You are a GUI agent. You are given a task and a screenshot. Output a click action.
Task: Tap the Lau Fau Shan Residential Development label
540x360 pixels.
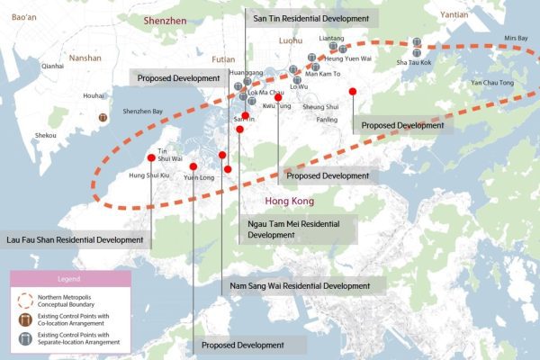coord(76,240)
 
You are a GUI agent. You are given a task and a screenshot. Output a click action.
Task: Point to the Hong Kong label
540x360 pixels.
coord(290,201)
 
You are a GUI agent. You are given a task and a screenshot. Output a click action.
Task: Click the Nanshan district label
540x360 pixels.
coord(85,56)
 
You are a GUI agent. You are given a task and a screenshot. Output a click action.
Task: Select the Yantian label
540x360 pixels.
coord(454,15)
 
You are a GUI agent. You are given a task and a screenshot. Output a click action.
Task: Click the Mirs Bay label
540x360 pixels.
coord(516,38)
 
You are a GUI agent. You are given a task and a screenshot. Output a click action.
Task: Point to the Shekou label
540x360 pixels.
coord(45,135)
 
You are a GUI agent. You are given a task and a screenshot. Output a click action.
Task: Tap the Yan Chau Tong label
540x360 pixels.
coord(491,83)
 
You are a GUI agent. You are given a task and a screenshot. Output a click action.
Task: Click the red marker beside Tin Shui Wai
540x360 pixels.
coord(164,157)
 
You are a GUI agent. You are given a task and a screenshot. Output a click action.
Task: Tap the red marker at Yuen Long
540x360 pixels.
coord(193,166)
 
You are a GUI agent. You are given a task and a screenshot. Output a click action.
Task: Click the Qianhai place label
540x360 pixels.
coord(52,66)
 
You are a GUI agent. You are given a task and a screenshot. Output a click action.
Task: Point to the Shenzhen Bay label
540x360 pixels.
coord(143,111)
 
